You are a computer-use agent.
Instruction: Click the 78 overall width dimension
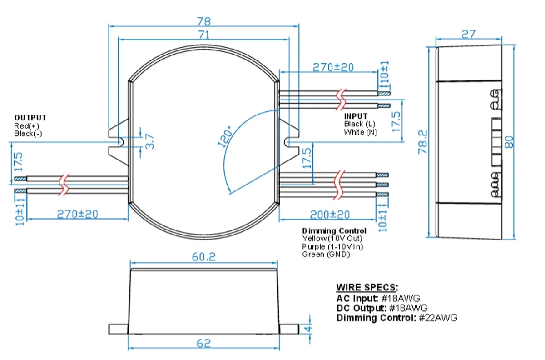[x=204, y=21]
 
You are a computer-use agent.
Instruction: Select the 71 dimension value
[x=204, y=35]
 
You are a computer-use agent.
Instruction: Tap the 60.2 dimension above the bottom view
[x=203, y=257]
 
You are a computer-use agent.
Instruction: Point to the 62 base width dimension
[x=203, y=344]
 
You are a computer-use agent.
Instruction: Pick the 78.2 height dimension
[x=423, y=142]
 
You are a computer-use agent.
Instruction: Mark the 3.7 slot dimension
[x=150, y=141]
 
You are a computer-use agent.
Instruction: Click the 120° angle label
[x=225, y=136]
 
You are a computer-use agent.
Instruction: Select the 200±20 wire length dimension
[x=330, y=215]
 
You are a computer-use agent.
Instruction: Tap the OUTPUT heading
[x=30, y=118]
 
